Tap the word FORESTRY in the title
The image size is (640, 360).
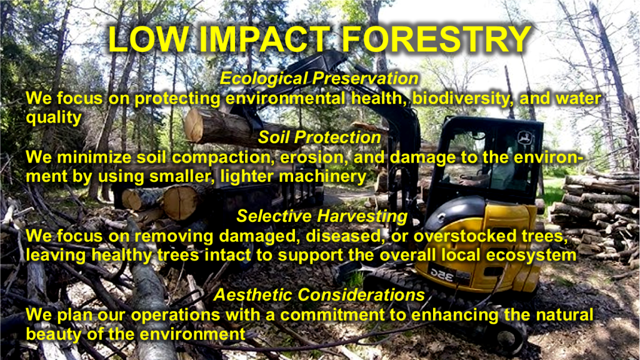click(x=436, y=39)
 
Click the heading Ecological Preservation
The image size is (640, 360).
click(x=319, y=78)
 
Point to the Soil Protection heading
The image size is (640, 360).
click(x=319, y=137)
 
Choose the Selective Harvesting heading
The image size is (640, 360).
click(x=322, y=216)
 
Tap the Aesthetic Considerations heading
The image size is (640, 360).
click(x=319, y=295)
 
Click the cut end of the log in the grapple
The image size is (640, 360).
click(x=194, y=125)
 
